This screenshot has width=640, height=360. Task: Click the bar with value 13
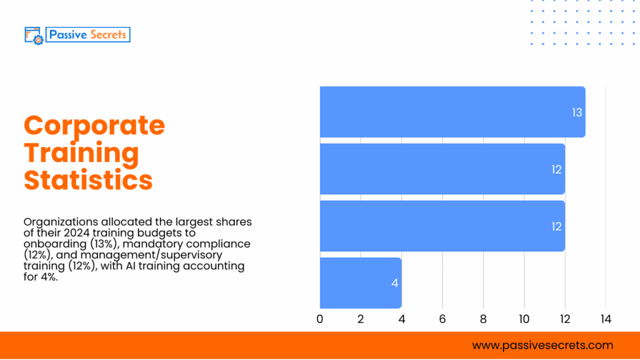click(452, 112)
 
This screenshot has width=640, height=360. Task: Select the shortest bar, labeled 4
click(361, 282)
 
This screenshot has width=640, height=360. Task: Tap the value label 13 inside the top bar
click(576, 112)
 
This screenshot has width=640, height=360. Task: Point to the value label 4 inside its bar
click(394, 283)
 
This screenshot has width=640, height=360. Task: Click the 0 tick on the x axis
click(320, 319)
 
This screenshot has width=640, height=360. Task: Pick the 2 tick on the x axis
click(361, 319)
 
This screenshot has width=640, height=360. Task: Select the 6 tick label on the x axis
click(442, 319)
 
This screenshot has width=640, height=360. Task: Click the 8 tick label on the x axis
click(483, 319)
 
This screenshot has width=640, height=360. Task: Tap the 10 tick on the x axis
click(524, 319)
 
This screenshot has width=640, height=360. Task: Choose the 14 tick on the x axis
click(605, 319)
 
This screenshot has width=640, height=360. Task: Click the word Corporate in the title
click(94, 125)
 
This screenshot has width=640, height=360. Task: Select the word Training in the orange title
click(81, 152)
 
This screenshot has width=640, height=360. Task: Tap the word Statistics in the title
click(88, 179)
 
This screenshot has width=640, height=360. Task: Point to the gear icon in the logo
click(38, 39)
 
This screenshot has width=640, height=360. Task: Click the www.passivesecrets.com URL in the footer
click(542, 345)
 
